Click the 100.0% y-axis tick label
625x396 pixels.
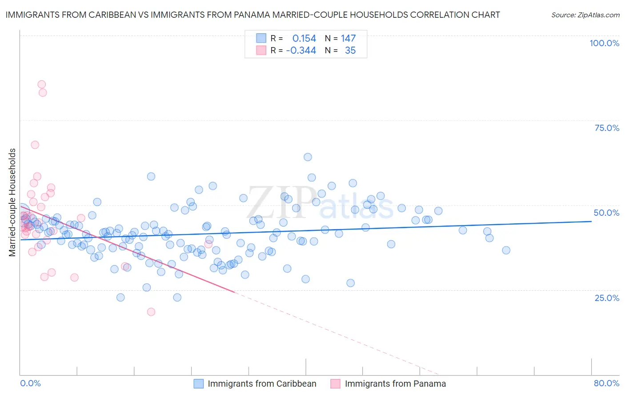tap(604, 43)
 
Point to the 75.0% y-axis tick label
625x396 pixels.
tap(607, 128)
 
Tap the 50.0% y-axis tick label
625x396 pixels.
tap(606, 213)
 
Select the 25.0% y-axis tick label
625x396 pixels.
tap(607, 298)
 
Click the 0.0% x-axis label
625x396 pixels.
tap(30, 383)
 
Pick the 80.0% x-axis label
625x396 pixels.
tap(606, 383)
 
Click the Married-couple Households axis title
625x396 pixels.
tap(12, 202)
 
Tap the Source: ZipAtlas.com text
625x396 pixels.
tap(585, 15)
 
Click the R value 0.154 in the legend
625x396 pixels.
tap(304, 38)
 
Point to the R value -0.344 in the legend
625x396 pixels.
tap(301, 51)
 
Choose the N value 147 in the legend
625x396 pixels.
tap(348, 38)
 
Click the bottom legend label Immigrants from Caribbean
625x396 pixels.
tap(262, 384)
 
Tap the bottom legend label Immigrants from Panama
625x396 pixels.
tap(395, 384)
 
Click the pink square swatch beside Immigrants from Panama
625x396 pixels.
tap(335, 384)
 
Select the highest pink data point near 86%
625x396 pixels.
tap(42, 84)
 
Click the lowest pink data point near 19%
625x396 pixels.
tap(151, 312)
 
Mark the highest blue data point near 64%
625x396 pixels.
tap(308, 157)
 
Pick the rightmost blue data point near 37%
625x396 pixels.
tap(506, 250)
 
